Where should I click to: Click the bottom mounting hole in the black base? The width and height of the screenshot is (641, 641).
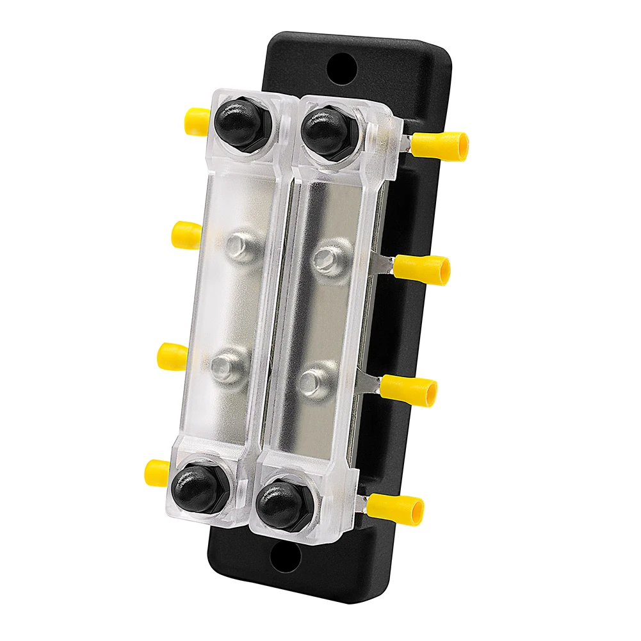point(285,558)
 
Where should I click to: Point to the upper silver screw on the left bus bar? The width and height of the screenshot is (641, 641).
point(244,247)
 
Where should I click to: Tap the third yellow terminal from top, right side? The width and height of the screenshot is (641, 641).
point(410,390)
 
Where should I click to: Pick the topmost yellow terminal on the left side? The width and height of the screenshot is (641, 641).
point(197,118)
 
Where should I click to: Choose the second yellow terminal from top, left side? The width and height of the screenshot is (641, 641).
point(186,234)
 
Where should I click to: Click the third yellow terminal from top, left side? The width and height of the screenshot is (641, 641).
point(172,354)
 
